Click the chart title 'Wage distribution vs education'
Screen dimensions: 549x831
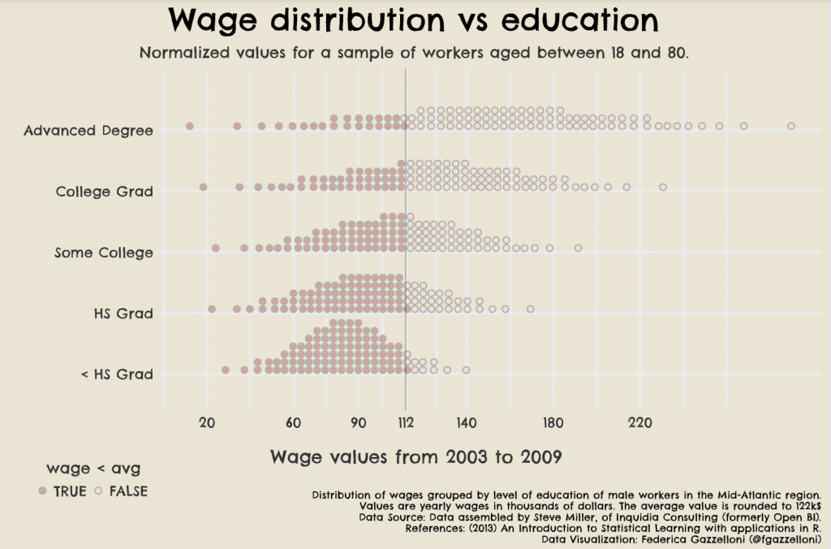[x=414, y=21]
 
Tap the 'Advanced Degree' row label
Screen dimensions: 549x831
[x=88, y=130]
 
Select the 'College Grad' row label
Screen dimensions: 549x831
[x=104, y=192]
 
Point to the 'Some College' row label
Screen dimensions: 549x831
[x=103, y=253]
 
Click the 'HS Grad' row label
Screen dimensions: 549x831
[x=123, y=313]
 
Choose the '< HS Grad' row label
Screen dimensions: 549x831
[x=117, y=374]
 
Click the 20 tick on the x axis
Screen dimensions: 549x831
[x=207, y=422]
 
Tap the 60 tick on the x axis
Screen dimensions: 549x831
[x=294, y=422]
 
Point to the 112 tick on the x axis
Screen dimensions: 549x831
[x=406, y=422]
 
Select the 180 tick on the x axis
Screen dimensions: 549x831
[x=553, y=422]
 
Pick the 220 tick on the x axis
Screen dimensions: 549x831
[x=640, y=422]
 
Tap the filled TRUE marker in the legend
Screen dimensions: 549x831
[x=42, y=491]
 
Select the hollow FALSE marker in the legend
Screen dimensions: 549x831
[x=98, y=491]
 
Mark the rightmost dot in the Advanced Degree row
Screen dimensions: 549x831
[x=791, y=126]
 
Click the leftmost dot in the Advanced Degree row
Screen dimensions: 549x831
[x=190, y=126]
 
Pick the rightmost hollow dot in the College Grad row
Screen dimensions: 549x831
[x=663, y=187]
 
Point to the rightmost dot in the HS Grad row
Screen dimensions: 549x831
[x=531, y=309]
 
